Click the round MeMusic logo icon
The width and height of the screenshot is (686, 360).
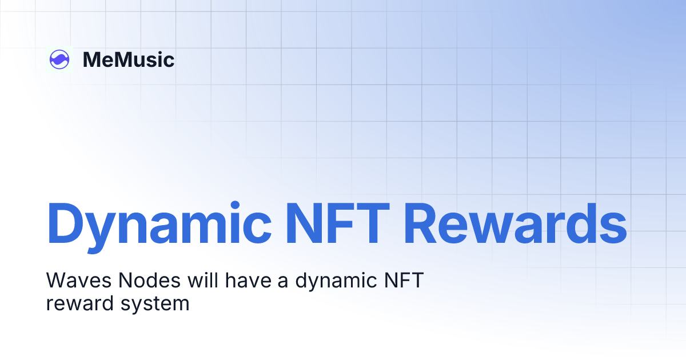click(59, 59)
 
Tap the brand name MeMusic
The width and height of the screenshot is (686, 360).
click(129, 59)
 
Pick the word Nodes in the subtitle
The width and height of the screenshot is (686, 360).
click(135, 281)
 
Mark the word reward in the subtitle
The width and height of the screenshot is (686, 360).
click(78, 303)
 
